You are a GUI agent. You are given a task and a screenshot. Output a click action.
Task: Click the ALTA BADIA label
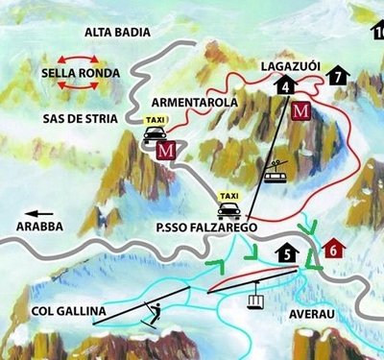(x=117, y=32)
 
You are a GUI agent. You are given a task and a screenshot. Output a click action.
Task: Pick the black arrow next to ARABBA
(x=38, y=213)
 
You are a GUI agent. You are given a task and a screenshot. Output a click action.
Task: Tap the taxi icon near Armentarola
(x=156, y=130)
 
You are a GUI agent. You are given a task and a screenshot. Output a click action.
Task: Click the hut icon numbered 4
(x=287, y=85)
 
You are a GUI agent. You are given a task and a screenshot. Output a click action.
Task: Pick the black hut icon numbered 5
(x=287, y=253)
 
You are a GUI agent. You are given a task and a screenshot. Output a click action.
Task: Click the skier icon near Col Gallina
(x=151, y=311)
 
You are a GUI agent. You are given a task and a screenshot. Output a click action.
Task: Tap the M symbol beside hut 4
(x=301, y=109)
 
